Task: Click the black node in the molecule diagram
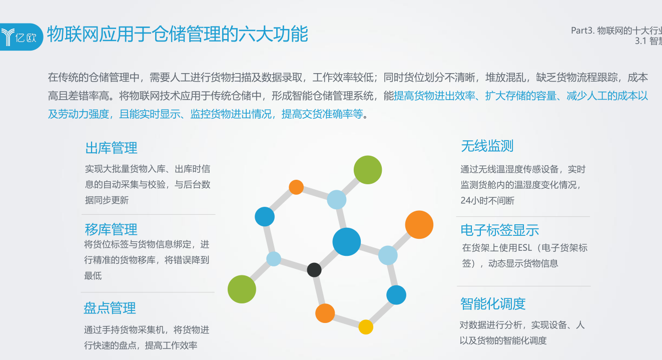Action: (314, 270)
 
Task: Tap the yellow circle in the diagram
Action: (366, 327)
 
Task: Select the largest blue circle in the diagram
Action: (347, 242)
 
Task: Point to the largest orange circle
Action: (419, 224)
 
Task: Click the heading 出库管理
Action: (112, 148)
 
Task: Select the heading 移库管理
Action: (111, 229)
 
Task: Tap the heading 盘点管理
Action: (110, 308)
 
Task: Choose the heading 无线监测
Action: (487, 146)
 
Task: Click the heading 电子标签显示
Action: (500, 230)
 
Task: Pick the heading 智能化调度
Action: (493, 304)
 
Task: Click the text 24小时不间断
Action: (487, 201)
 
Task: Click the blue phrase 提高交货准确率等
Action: (322, 114)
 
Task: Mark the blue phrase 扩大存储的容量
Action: (521, 96)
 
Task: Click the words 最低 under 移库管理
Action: (93, 276)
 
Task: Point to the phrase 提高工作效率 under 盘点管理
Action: (171, 345)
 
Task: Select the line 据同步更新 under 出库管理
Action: (107, 200)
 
